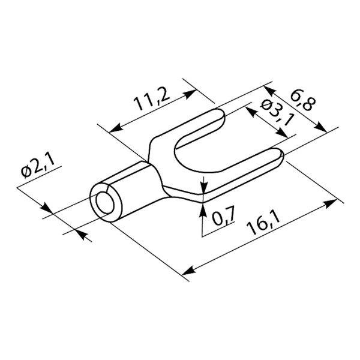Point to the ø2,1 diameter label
pos(38,166)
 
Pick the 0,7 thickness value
pos(223,216)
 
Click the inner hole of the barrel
pos(105,203)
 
